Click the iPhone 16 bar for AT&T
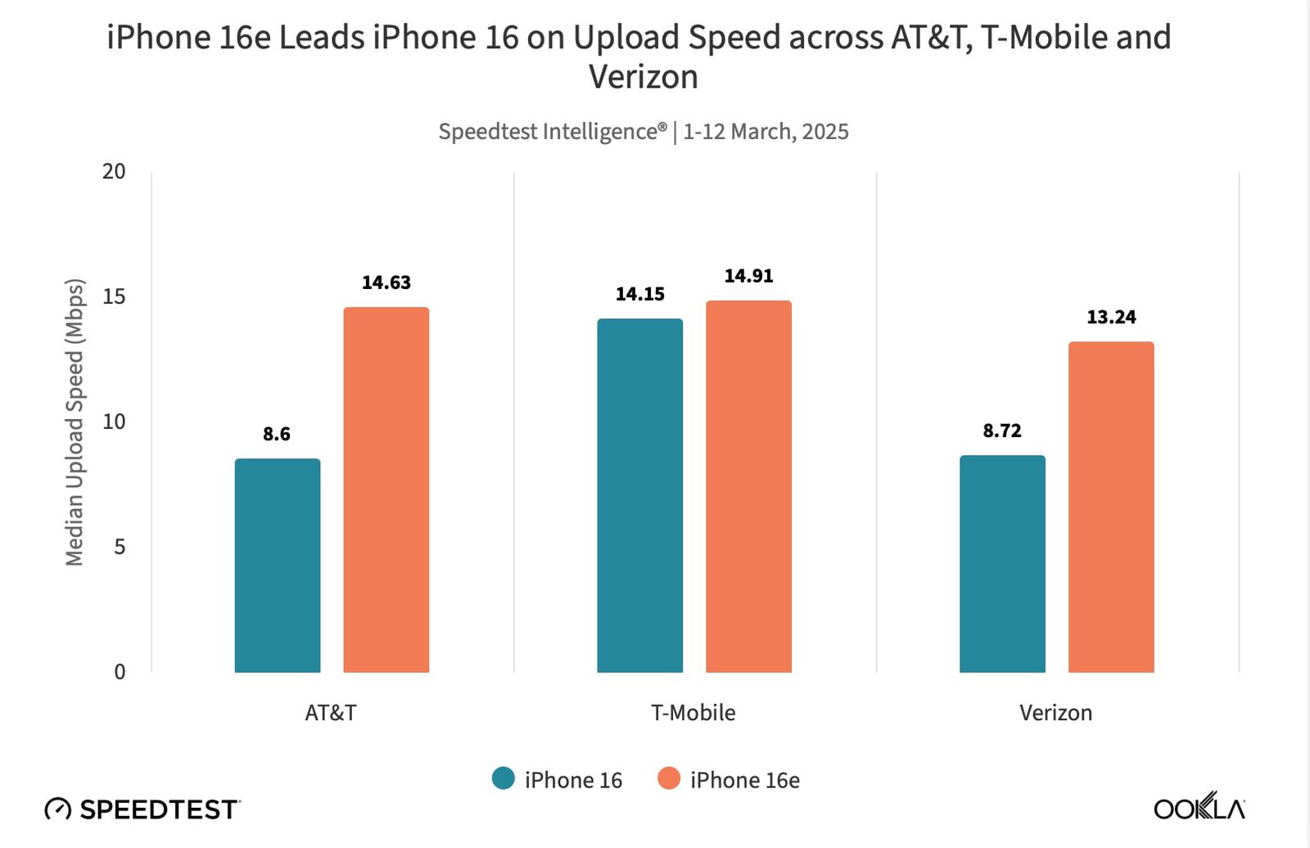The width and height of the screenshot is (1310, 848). tap(277, 566)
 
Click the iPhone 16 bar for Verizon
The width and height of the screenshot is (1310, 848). tap(1002, 564)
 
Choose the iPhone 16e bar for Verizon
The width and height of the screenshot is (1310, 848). tap(1111, 507)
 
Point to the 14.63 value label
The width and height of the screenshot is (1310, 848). tap(386, 282)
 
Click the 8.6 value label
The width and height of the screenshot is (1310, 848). tap(277, 434)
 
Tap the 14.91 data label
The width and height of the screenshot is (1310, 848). tap(748, 276)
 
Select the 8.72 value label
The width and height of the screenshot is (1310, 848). tap(1002, 431)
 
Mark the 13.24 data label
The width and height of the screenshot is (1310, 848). tap(1111, 317)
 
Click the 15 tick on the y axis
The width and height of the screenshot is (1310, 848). tap(114, 296)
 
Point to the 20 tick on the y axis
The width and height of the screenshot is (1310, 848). tap(114, 171)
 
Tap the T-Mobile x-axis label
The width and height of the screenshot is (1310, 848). tap(693, 713)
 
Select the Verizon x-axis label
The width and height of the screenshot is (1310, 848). tap(1055, 713)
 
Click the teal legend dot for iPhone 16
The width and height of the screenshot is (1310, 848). tap(504, 778)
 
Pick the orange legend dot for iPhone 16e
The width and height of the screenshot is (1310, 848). tap(669, 778)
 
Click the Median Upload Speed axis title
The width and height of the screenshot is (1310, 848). tap(75, 422)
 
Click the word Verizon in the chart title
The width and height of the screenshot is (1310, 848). tap(644, 77)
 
